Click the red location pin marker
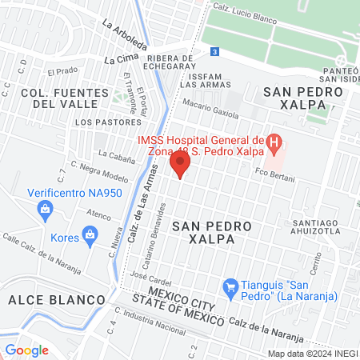tap(180, 165)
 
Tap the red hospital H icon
tap(274, 146)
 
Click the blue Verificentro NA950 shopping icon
tap(46, 210)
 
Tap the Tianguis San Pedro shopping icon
tap(231, 286)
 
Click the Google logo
tap(26, 350)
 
